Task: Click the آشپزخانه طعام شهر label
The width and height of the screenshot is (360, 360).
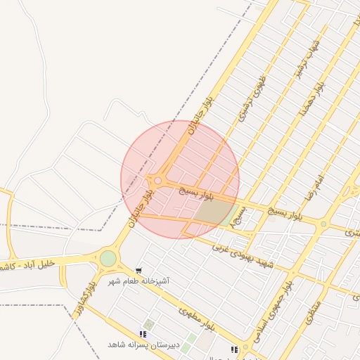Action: click(143, 281)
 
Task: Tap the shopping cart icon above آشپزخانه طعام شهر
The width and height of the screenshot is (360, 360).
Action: click(139, 270)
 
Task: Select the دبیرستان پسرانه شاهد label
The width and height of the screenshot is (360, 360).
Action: click(143, 345)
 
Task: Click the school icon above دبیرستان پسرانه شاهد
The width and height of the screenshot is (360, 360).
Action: click(143, 334)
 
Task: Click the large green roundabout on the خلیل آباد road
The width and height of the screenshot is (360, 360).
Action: click(108, 259)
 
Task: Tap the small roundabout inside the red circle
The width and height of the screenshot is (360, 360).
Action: click(158, 181)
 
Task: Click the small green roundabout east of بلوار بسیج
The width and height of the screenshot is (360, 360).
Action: click(323, 224)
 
